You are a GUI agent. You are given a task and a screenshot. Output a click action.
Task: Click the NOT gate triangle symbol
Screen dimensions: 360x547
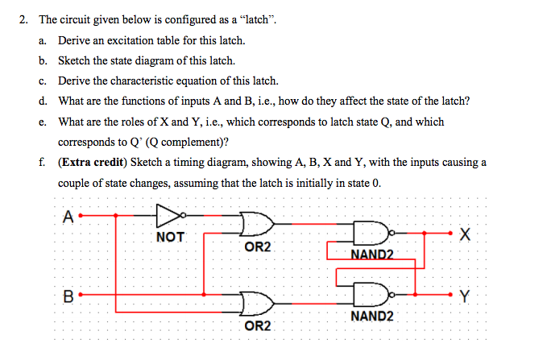[168, 216]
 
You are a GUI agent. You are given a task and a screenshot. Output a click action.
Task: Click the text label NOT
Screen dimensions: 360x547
[170, 237]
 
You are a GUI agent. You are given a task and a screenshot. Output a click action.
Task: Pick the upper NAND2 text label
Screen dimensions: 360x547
[372, 255]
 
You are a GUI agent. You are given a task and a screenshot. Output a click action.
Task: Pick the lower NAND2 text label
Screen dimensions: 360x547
[372, 316]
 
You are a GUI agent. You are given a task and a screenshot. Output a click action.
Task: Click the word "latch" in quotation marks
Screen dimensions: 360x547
[255, 19]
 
